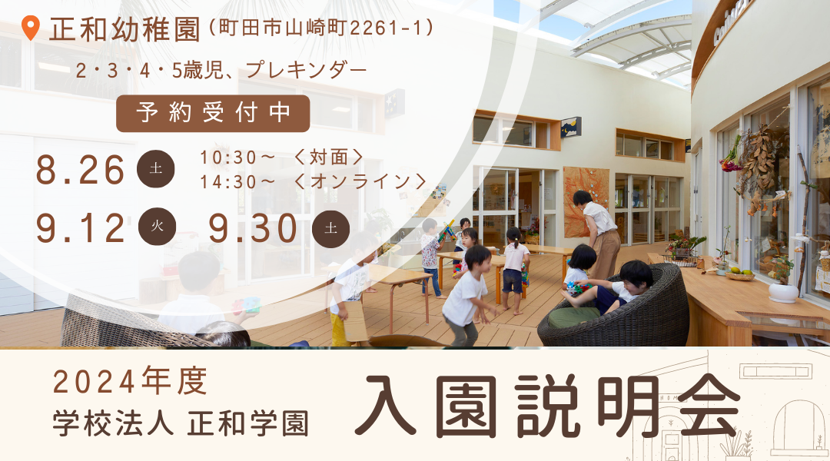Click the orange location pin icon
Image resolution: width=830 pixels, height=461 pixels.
coord(31,28)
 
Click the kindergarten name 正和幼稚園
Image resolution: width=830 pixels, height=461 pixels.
coord(125,30)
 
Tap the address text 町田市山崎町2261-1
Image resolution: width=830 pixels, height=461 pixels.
coord(321,28)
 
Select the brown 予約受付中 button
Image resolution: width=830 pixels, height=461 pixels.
coord(213,113)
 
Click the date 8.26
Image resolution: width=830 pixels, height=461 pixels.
coord(80,171)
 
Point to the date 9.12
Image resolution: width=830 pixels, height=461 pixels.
coord(81,228)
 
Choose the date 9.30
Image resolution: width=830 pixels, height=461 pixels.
coord(253,228)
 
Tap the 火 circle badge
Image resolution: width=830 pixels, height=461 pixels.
coord(157,226)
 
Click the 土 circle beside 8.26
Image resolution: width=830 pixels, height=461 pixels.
coord(155,169)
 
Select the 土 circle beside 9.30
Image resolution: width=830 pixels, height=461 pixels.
coord(330,229)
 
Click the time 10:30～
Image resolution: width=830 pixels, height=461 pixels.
coord(237,158)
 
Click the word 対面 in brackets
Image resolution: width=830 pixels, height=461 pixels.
coord(329,158)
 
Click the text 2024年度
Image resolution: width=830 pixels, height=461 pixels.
coord(130,382)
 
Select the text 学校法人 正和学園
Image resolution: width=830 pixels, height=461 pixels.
coord(181,424)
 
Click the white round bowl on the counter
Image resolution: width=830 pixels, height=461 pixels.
coord(783,292)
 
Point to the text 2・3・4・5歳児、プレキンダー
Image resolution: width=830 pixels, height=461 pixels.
coord(221,71)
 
